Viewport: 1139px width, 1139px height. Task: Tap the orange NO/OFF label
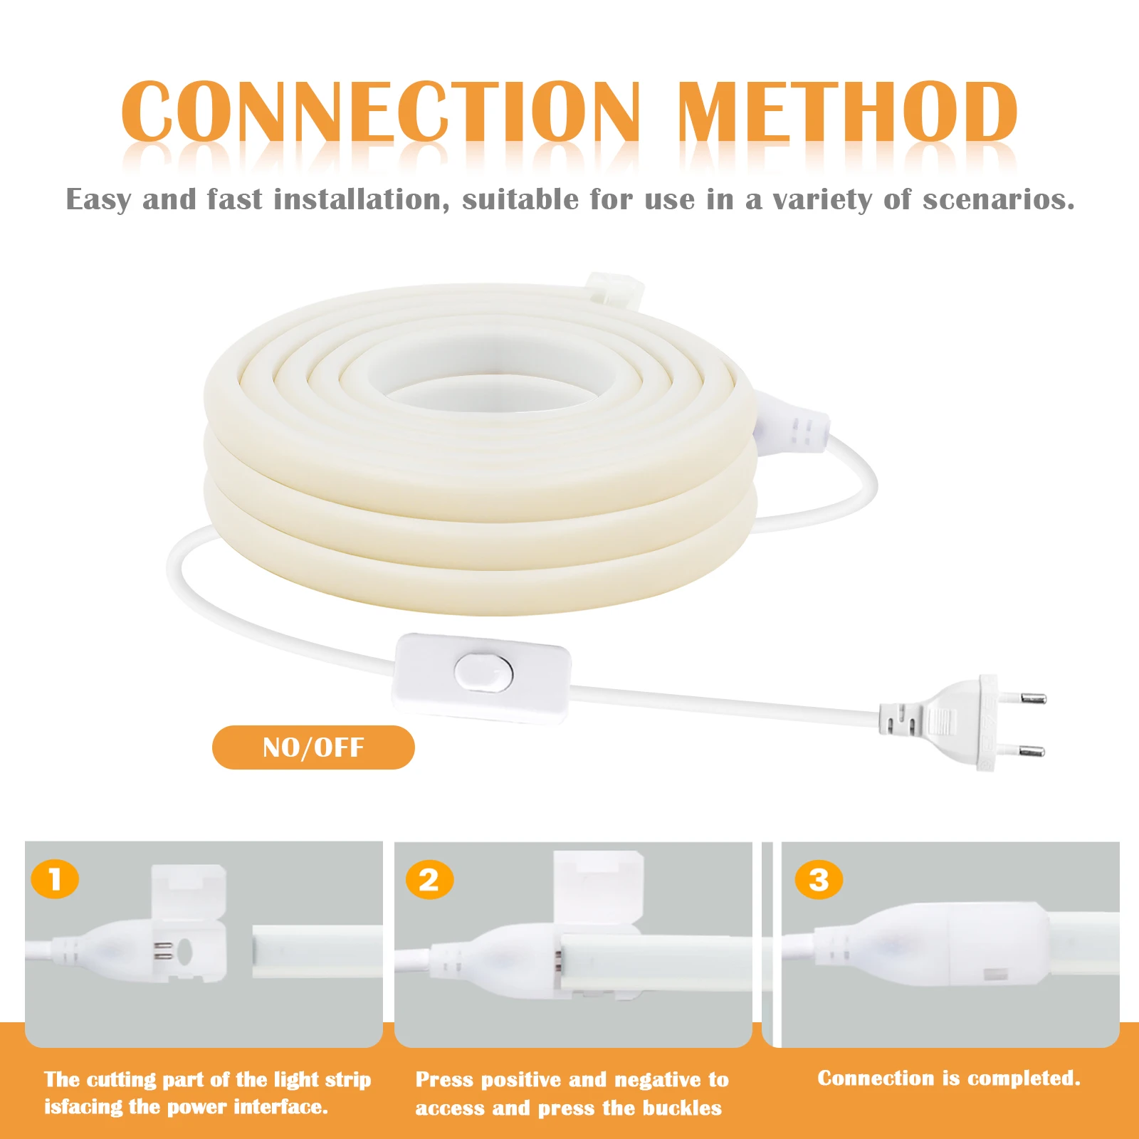(313, 747)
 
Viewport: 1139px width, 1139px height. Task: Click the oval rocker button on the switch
(484, 672)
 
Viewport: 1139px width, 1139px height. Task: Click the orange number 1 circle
(55, 880)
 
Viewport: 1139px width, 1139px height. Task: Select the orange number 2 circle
(429, 881)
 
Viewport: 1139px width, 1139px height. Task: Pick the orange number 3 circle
(819, 880)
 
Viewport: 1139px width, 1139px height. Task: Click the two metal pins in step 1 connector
(164, 950)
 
